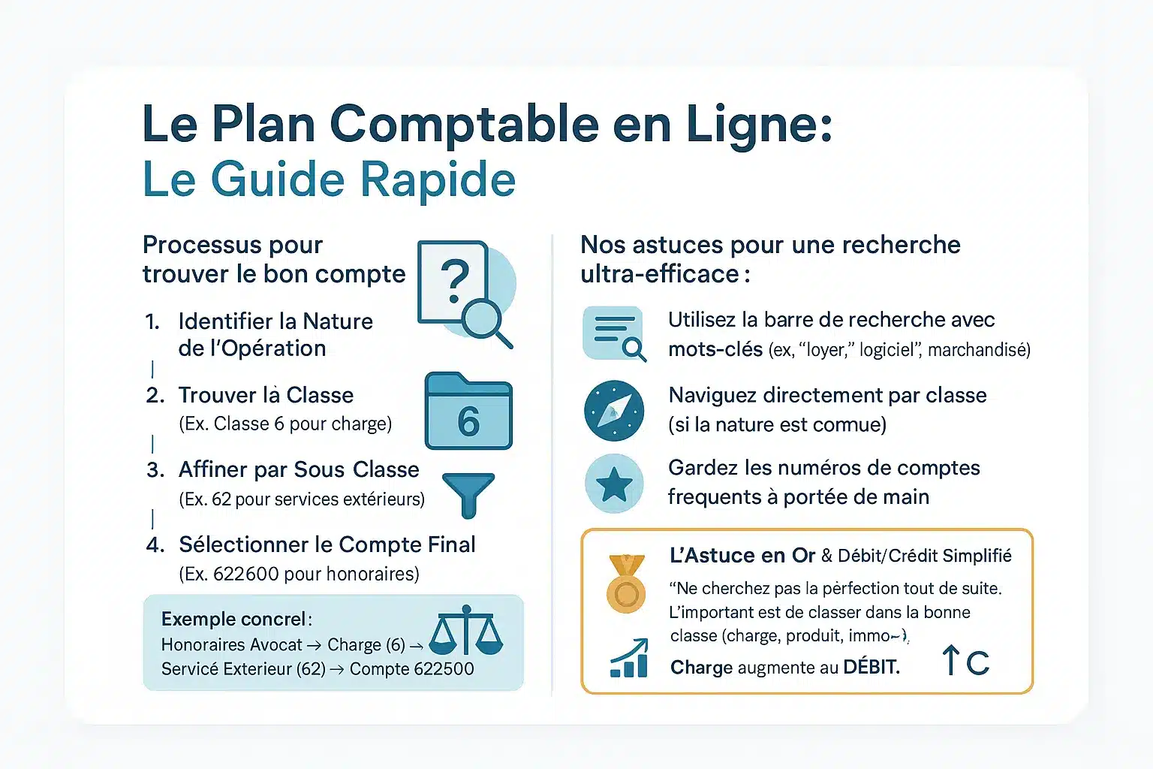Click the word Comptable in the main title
pyautogui.click(x=464, y=124)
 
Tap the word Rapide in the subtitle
pyautogui.click(x=438, y=180)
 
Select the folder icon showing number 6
pyautogui.click(x=468, y=412)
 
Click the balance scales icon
pyautogui.click(x=465, y=632)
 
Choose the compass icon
pyautogui.click(x=614, y=411)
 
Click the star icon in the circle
pyautogui.click(x=614, y=484)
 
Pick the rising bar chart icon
pyautogui.click(x=629, y=659)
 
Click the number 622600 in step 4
pyautogui.click(x=246, y=574)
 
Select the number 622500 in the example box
pyautogui.click(x=440, y=669)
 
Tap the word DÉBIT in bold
pyautogui.click(x=871, y=668)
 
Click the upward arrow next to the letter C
pyautogui.click(x=950, y=660)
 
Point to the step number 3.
pyautogui.click(x=155, y=470)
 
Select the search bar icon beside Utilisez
pyautogui.click(x=614, y=333)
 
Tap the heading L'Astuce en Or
pyautogui.click(x=742, y=556)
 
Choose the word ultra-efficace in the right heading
pyautogui.click(x=660, y=274)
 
